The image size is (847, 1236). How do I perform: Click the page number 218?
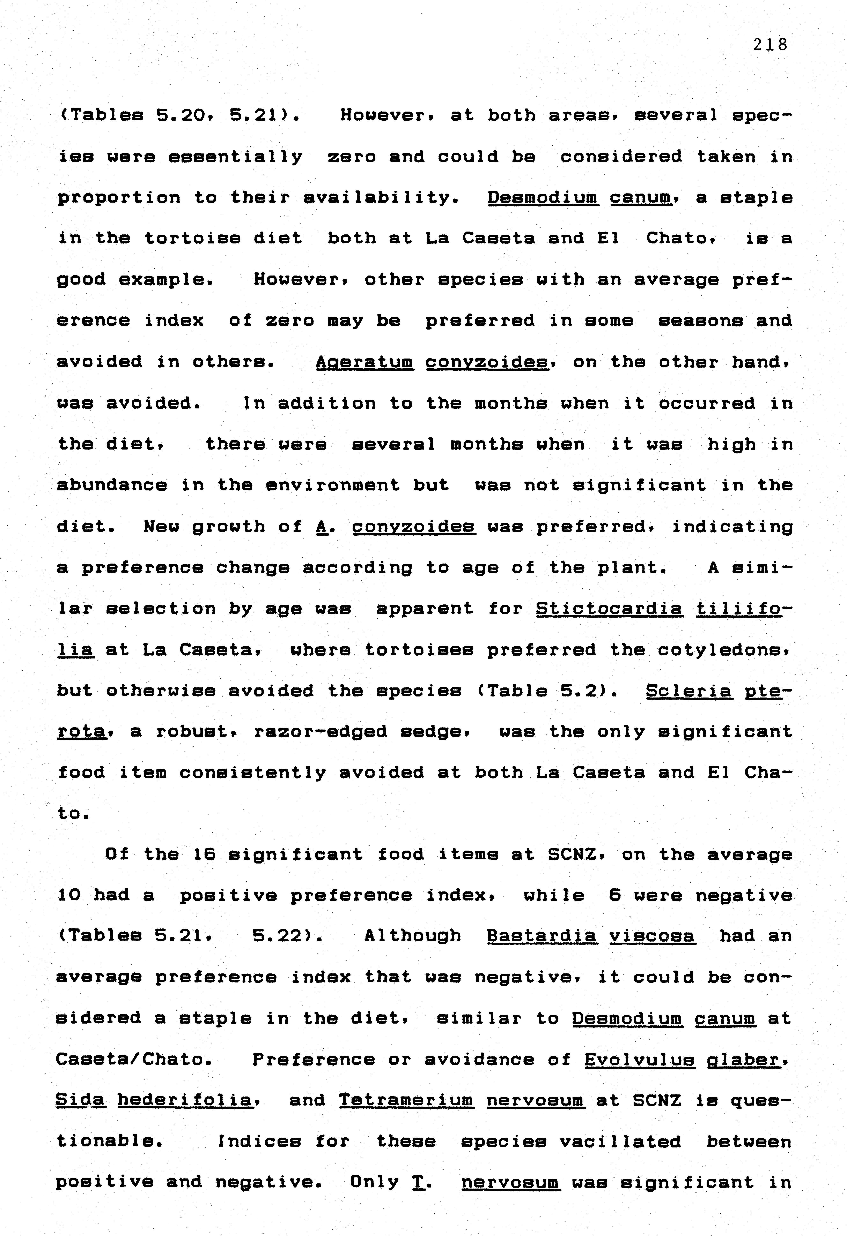(770, 45)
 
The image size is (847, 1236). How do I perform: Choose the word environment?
(332, 485)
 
